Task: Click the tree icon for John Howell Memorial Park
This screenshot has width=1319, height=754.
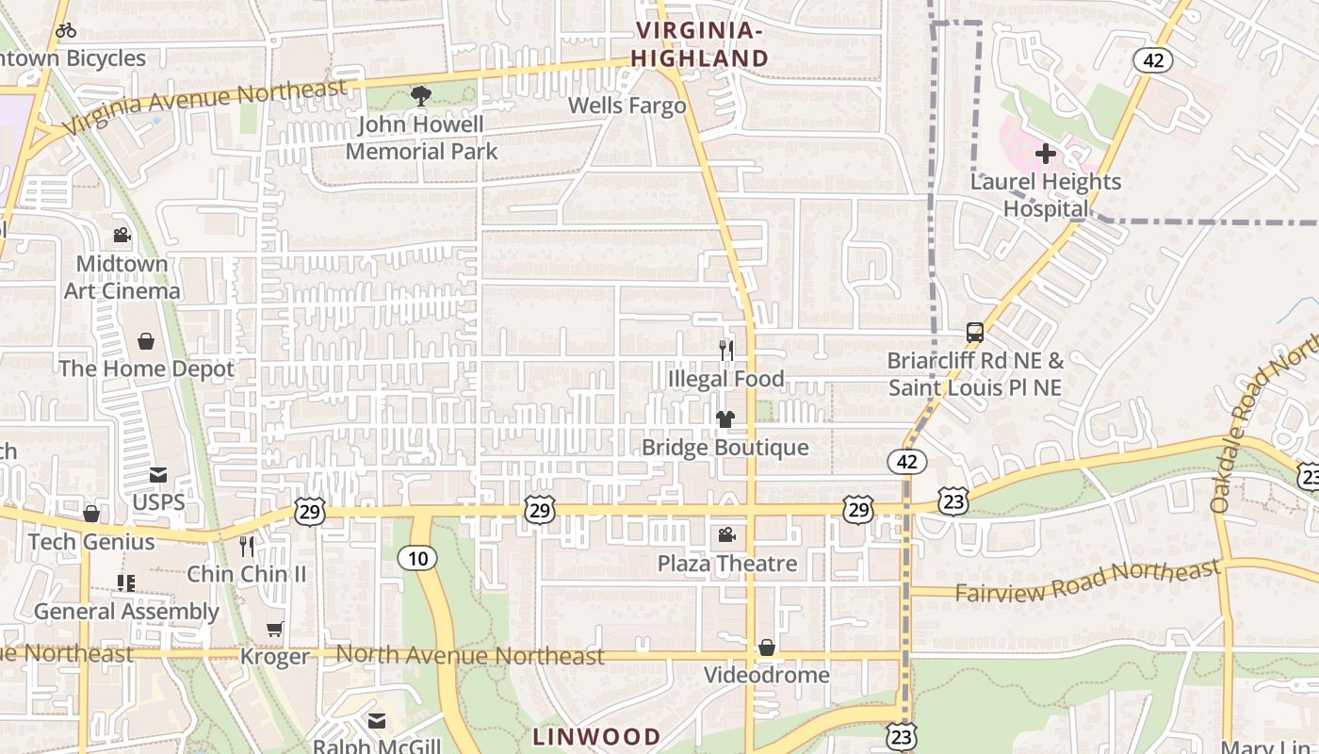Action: [x=420, y=95]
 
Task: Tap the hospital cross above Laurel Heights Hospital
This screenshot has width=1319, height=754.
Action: [x=1045, y=153]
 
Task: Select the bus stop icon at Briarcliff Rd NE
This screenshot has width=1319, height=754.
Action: [x=975, y=333]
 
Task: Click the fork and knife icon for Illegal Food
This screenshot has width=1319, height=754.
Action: [x=725, y=351]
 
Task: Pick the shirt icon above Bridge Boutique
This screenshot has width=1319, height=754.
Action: [x=725, y=419]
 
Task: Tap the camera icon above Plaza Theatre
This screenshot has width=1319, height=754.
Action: [x=726, y=535]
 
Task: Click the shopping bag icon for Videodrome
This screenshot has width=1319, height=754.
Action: [x=767, y=647]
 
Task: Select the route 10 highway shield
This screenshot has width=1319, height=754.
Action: [x=417, y=558]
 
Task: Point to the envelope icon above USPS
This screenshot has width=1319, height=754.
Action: [x=157, y=475]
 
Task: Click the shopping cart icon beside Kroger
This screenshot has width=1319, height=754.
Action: [x=274, y=629]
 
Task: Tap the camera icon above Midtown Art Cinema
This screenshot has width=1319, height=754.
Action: [x=122, y=235]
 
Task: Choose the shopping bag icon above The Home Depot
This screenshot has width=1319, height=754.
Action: [x=146, y=340]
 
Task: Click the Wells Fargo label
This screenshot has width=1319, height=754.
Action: [x=627, y=106]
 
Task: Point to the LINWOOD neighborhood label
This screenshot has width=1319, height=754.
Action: [x=595, y=736]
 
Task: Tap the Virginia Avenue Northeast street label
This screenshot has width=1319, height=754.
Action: [x=204, y=106]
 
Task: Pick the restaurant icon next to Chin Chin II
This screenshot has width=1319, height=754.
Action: [x=247, y=546]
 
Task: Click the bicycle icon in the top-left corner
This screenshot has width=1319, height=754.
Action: [x=66, y=30]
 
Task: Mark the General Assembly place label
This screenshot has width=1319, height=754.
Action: [x=126, y=612]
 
